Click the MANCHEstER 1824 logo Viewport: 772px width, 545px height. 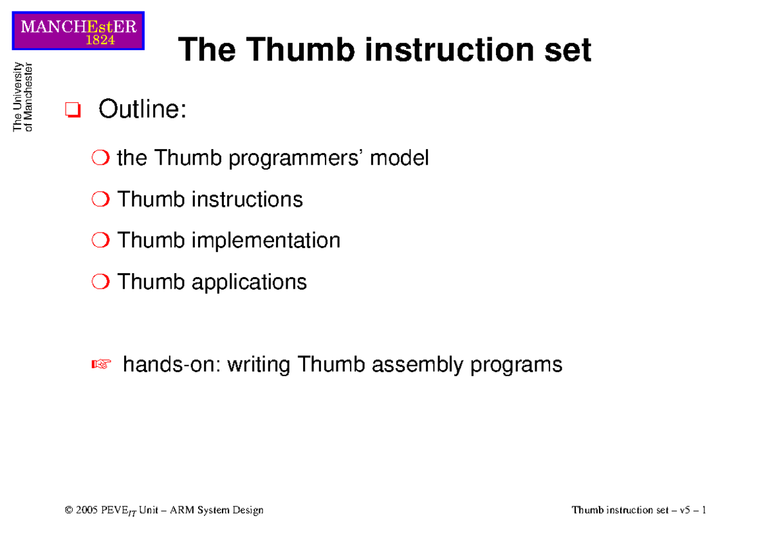[x=78, y=31]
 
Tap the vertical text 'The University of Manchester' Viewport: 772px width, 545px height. [x=23, y=96]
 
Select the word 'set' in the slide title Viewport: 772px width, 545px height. [x=567, y=50]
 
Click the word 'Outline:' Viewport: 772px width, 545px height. [x=142, y=110]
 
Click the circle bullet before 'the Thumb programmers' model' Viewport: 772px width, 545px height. [x=101, y=158]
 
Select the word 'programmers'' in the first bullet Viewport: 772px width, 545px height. [x=297, y=158]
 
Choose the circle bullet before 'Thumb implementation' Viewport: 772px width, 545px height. [x=101, y=241]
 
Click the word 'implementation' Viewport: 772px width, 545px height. [x=265, y=240]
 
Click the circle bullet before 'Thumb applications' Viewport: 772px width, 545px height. [x=101, y=282]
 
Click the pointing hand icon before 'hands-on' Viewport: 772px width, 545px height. [x=102, y=365]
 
